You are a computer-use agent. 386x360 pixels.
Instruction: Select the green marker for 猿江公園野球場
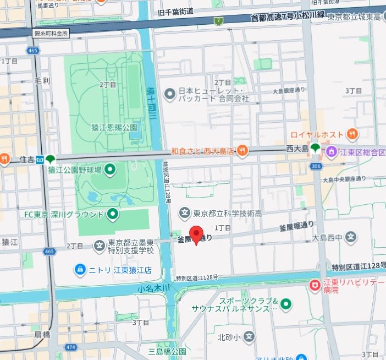click(110, 169)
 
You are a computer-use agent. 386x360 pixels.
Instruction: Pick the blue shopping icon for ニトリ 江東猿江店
click(80, 269)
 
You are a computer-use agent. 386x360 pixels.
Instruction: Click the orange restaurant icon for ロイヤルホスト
click(352, 133)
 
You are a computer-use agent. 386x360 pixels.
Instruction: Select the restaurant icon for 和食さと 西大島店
click(242, 150)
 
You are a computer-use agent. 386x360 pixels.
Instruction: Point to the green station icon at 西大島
click(316, 148)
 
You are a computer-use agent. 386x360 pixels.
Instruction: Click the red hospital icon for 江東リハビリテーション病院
click(315, 285)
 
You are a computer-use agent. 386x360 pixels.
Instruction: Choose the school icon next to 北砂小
click(250, 336)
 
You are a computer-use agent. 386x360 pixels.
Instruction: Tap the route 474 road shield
click(70, 347)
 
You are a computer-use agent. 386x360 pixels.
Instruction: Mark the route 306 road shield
click(316, 166)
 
